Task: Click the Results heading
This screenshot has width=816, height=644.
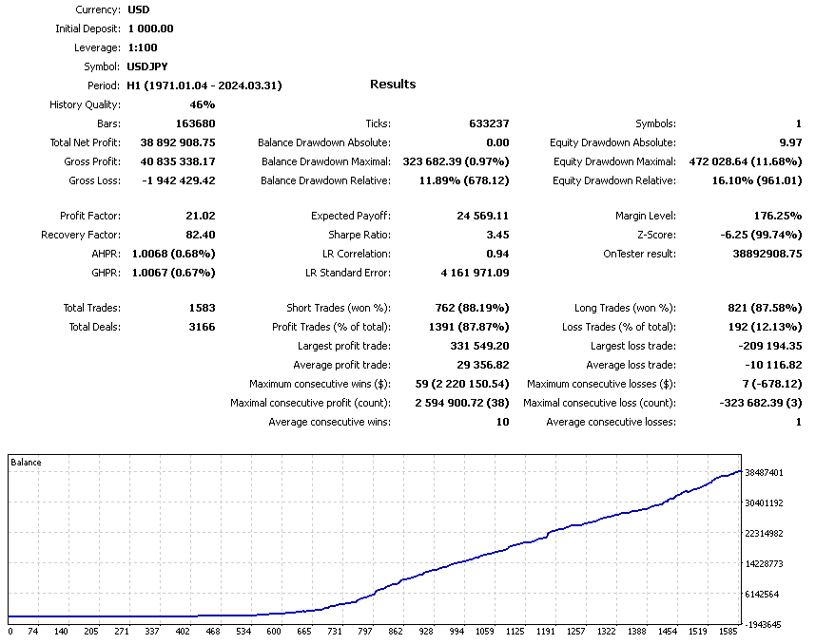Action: [x=393, y=85]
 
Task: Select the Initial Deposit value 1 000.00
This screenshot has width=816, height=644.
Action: [x=150, y=28]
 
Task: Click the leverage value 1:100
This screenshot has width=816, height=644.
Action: [x=143, y=47]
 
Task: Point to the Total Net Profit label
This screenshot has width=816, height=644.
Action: [x=85, y=142]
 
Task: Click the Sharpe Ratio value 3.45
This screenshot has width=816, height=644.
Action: [x=497, y=235]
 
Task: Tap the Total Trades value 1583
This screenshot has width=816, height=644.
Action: [x=202, y=308]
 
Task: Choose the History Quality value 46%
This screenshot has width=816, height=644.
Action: [x=203, y=104]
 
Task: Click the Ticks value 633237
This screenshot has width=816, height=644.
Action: [x=489, y=123]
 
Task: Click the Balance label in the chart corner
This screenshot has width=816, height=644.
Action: [x=27, y=463]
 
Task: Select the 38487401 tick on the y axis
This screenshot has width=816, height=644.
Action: [x=765, y=472]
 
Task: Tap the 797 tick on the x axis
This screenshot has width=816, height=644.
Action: [x=365, y=631]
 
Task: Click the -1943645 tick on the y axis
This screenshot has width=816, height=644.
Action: [x=765, y=624]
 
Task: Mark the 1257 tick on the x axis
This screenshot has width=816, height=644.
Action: [x=577, y=631]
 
